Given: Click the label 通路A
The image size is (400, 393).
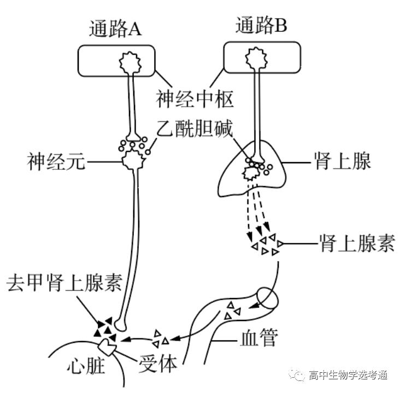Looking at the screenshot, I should (115, 29).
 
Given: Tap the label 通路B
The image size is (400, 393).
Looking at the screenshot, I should (261, 25).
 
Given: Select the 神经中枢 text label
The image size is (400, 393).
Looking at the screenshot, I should (195, 99).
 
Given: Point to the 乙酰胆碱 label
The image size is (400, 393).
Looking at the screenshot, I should (195, 129).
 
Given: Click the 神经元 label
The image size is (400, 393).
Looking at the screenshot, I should (56, 162).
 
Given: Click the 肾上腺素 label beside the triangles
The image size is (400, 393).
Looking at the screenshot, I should (356, 243).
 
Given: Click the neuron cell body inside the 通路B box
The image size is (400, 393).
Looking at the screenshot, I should (256, 59).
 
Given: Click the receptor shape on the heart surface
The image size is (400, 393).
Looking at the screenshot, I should (108, 345).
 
